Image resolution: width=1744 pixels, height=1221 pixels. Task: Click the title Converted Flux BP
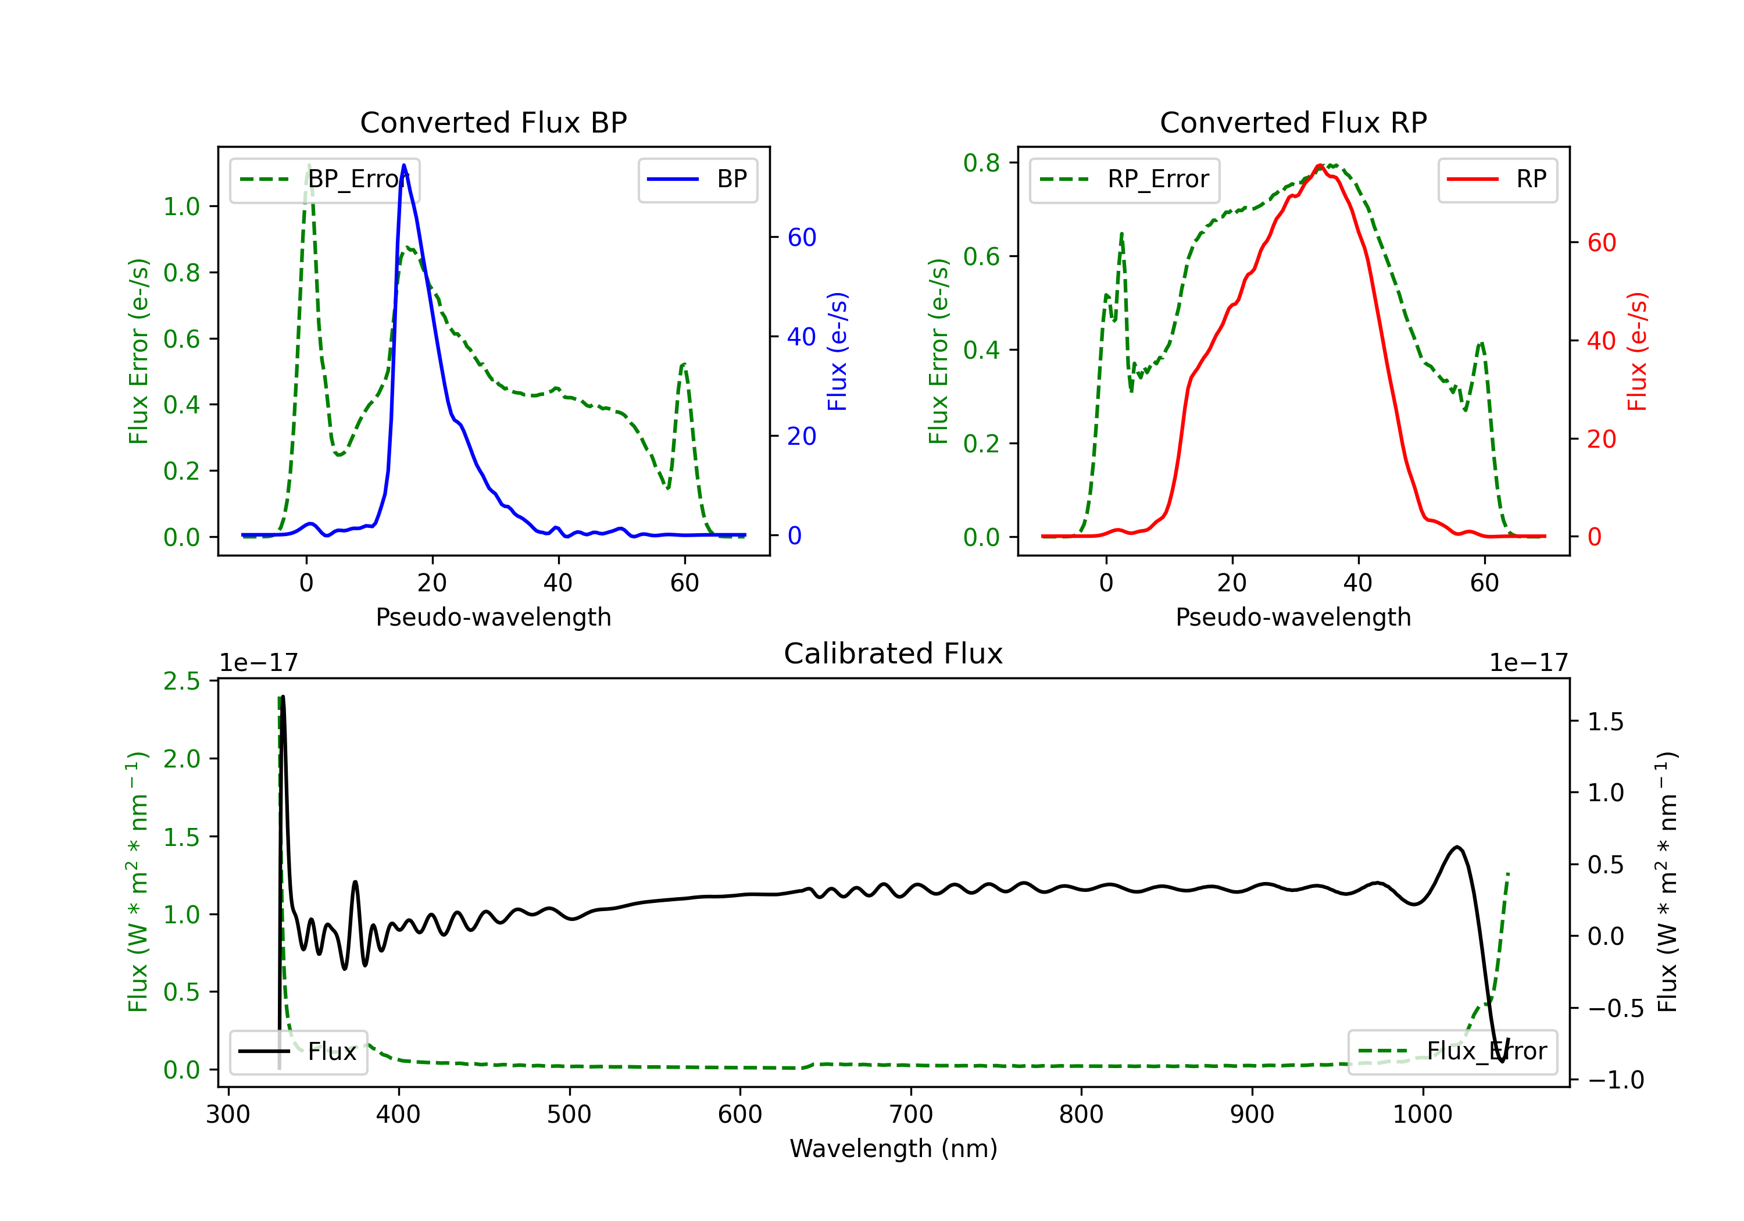(x=493, y=122)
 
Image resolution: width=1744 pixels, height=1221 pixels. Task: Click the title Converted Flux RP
(x=1293, y=122)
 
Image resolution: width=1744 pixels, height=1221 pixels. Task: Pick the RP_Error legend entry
(x=1124, y=179)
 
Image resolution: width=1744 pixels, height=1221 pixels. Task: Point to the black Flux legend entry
(x=299, y=1052)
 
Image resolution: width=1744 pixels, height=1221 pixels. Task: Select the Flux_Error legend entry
(x=1452, y=1052)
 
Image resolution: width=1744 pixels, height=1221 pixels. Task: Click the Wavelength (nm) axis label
(x=894, y=1148)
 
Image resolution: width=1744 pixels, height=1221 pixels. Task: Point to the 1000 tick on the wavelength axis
(x=1422, y=1115)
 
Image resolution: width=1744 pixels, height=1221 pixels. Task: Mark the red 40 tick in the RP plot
(x=1601, y=341)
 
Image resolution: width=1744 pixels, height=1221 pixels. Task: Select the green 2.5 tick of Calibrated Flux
(x=181, y=681)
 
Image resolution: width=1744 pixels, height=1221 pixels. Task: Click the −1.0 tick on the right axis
(x=1616, y=1080)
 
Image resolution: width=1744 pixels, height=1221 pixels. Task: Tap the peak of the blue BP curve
(x=403, y=165)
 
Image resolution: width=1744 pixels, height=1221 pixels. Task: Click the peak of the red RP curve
(x=1320, y=166)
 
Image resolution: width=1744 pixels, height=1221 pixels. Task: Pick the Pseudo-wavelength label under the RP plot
(x=1293, y=617)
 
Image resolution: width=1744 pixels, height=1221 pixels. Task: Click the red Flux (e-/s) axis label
(x=1637, y=351)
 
